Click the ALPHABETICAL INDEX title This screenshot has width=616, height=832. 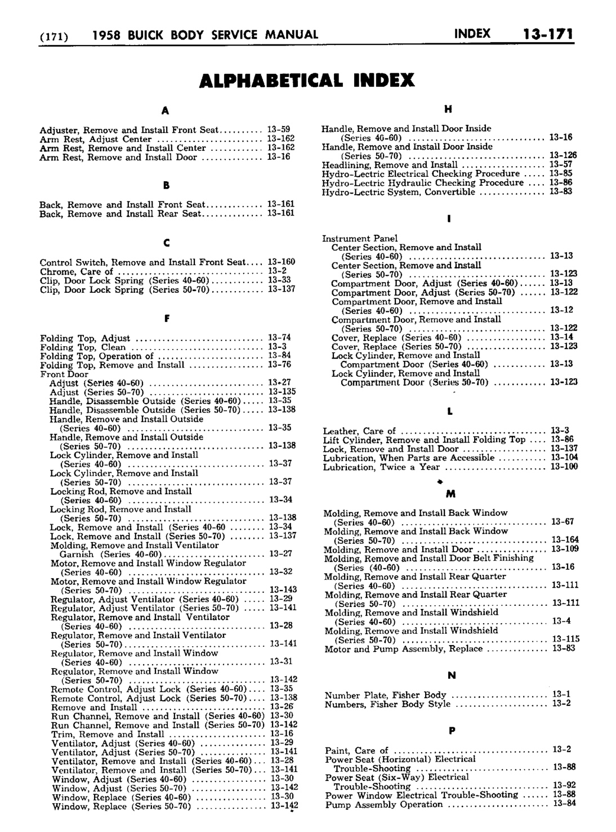(x=307, y=80)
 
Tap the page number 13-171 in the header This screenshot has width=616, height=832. (x=547, y=34)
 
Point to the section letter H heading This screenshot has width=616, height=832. (x=449, y=109)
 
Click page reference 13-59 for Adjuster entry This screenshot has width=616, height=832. (x=278, y=129)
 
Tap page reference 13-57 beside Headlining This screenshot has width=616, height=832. (x=561, y=165)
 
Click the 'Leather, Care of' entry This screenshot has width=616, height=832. (x=359, y=431)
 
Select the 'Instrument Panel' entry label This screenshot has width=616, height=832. (x=360, y=238)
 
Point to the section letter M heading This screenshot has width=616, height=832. (x=450, y=494)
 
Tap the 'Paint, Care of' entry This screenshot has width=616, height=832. (x=356, y=750)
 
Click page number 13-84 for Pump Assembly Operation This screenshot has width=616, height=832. (x=563, y=804)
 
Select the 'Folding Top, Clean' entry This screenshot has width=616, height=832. (x=83, y=347)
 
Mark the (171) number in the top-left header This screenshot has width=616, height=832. (x=53, y=35)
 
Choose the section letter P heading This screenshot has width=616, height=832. (x=451, y=731)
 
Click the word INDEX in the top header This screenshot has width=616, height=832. (x=471, y=34)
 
